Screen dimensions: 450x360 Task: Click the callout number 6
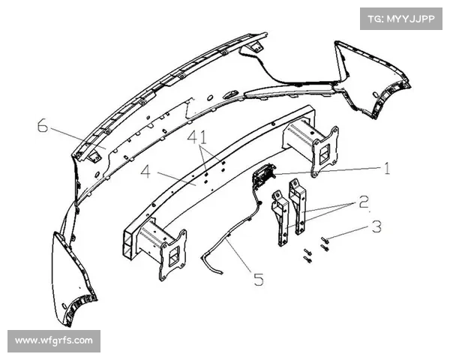pos(43,126)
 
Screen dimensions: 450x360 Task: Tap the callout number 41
pos(197,137)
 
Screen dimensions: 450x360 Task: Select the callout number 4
pos(145,172)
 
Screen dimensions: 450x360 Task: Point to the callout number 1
pos(387,168)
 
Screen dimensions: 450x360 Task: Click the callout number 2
pos(364,202)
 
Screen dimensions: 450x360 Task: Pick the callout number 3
pos(376,226)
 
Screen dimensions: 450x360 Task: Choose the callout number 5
pos(259,279)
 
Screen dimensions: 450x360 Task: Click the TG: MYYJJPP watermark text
pos(401,19)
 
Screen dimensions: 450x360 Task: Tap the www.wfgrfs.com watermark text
pos(54,340)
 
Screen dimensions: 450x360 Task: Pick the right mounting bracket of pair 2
pos(298,206)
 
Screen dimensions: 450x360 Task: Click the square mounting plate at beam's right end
pos(325,151)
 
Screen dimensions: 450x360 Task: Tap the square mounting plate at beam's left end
pos(172,255)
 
